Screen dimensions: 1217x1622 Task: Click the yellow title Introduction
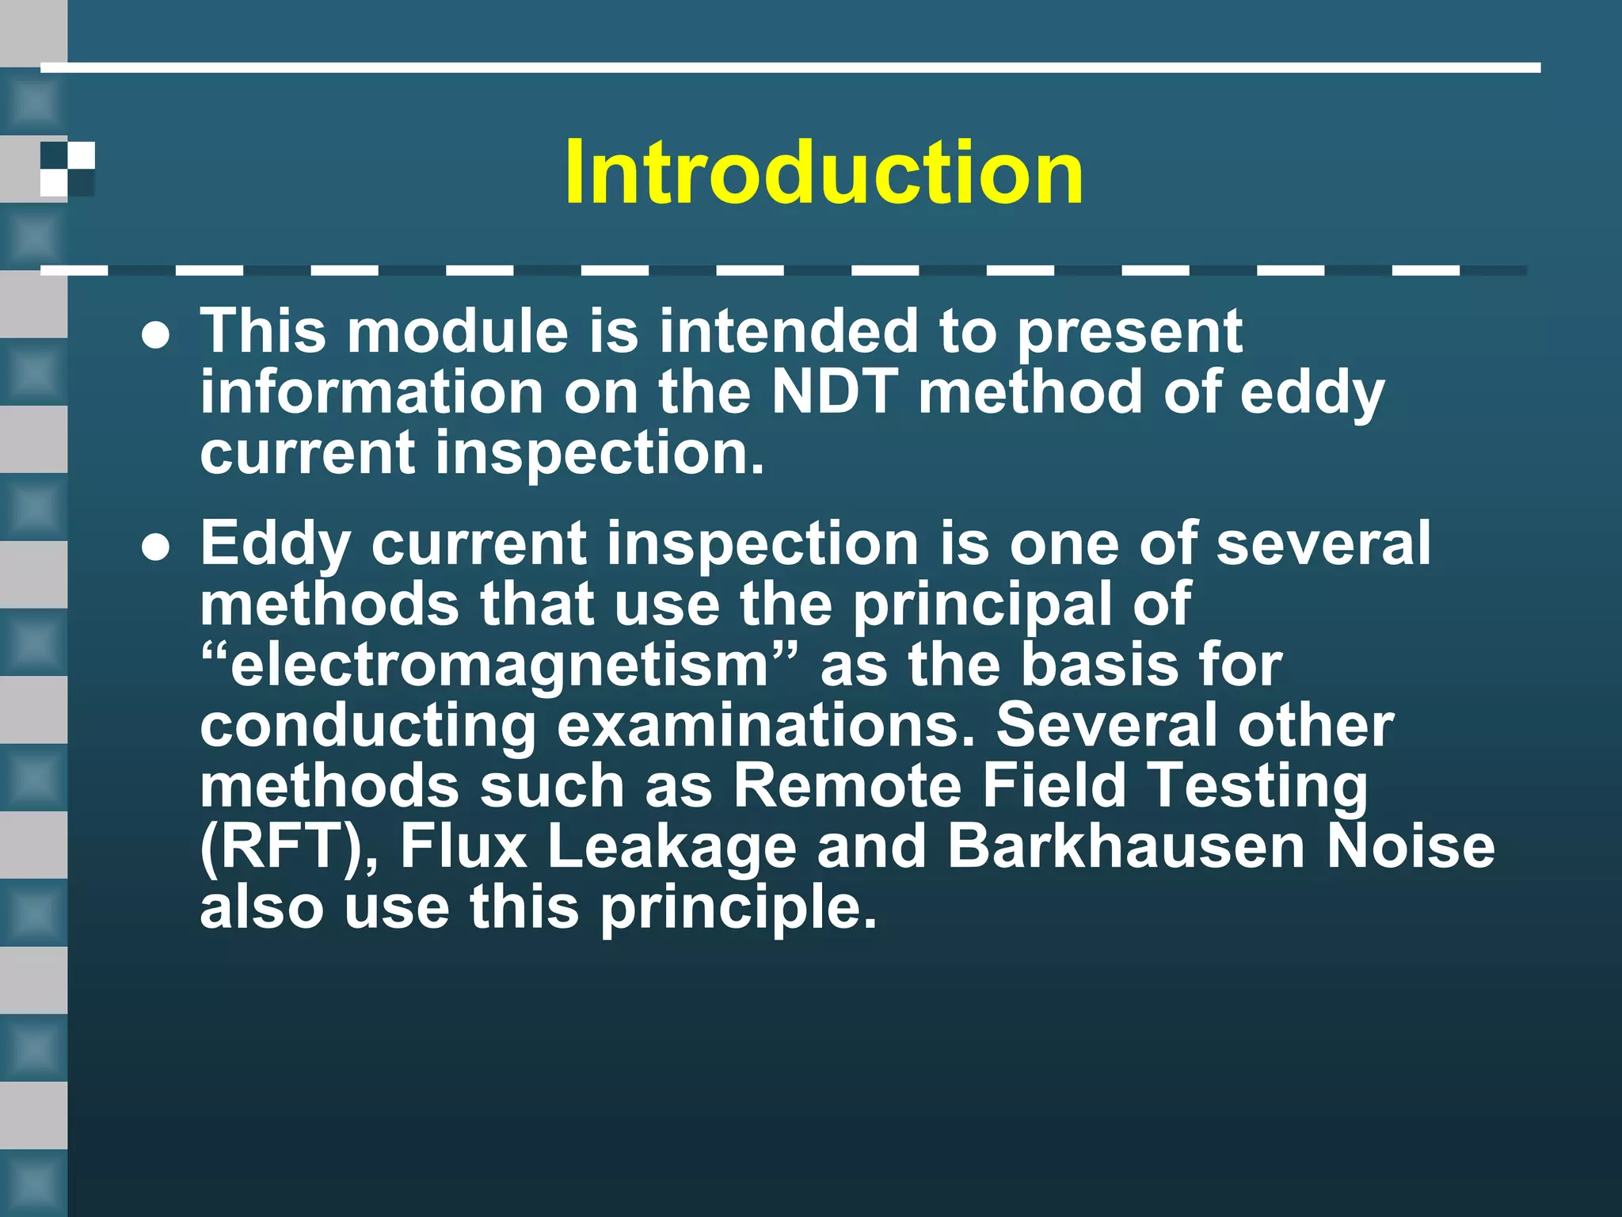(x=824, y=173)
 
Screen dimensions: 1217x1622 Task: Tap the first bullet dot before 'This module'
(x=156, y=336)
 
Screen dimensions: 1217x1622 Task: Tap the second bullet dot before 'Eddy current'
(x=156, y=548)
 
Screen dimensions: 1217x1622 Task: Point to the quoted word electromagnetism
(x=499, y=666)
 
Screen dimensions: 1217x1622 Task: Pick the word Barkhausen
(x=1125, y=846)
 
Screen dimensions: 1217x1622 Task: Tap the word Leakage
(x=672, y=846)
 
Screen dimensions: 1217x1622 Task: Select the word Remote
(x=847, y=786)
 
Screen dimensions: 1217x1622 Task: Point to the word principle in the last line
(x=738, y=908)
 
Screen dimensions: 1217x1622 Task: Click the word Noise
(x=1411, y=846)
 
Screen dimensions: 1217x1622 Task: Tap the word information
(x=371, y=391)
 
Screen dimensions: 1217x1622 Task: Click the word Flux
(x=463, y=846)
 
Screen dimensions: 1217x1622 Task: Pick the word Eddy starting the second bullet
(x=275, y=545)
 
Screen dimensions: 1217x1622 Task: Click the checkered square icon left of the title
(x=68, y=169)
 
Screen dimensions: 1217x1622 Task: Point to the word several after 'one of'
(x=1323, y=544)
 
